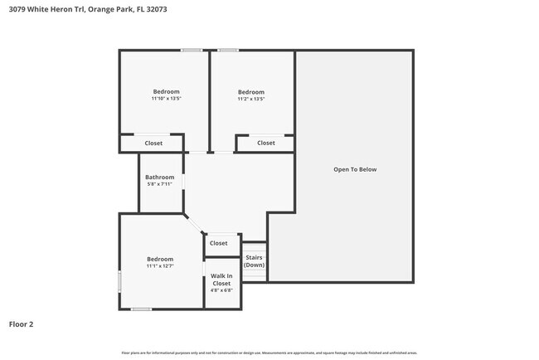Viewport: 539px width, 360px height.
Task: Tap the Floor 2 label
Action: pyautogui.click(x=21, y=324)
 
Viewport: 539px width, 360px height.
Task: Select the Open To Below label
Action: pyautogui.click(x=355, y=169)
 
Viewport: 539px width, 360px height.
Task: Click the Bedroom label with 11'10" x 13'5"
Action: pyautogui.click(x=166, y=91)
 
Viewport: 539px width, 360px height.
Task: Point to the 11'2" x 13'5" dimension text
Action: pyautogui.click(x=251, y=99)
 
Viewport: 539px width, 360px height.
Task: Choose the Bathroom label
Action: pyautogui.click(x=159, y=177)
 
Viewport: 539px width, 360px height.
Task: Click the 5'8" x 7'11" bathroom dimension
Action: pyautogui.click(x=159, y=184)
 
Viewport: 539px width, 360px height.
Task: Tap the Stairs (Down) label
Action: pyautogui.click(x=255, y=261)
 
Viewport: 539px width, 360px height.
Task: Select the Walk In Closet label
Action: pyautogui.click(x=221, y=280)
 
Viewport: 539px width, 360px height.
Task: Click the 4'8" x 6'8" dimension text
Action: pyautogui.click(x=221, y=290)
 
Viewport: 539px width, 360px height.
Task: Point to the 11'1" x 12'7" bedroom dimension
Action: pyautogui.click(x=160, y=266)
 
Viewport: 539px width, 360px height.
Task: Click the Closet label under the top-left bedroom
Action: pyautogui.click(x=153, y=144)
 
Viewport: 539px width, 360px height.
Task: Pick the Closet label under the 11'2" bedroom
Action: pyautogui.click(x=265, y=144)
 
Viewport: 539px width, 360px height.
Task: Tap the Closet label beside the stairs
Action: pyautogui.click(x=218, y=243)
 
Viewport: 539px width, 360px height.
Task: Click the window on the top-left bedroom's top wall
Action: pyautogui.click(x=192, y=51)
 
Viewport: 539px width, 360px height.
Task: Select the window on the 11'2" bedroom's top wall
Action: pyautogui.click(x=228, y=51)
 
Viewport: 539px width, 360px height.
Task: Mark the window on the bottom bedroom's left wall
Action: pyautogui.click(x=119, y=282)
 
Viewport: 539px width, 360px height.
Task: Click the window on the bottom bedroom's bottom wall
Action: pyautogui.click(x=141, y=309)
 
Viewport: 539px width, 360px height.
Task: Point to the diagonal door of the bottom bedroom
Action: pyautogui.click(x=194, y=224)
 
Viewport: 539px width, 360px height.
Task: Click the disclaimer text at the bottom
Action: pyautogui.click(x=269, y=353)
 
